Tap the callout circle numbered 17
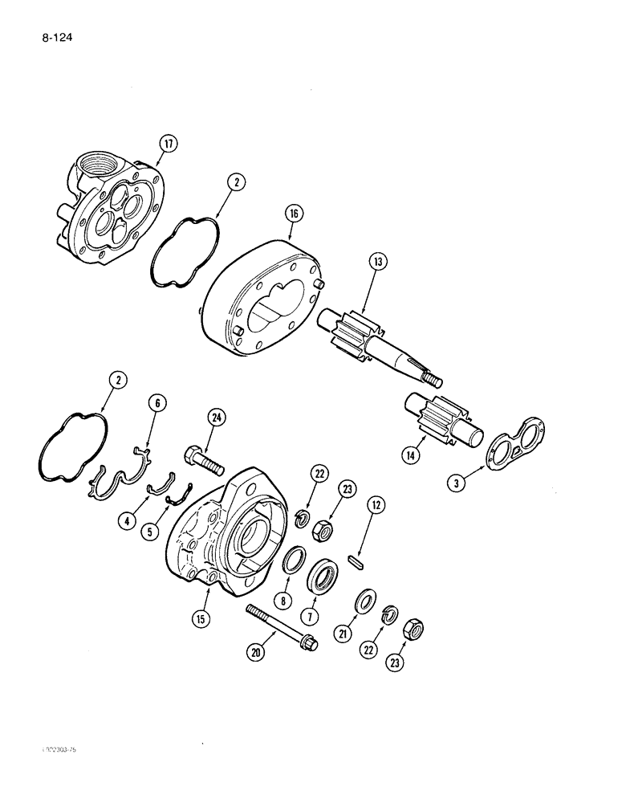click(167, 145)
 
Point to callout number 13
click(378, 261)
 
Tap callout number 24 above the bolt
click(215, 416)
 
